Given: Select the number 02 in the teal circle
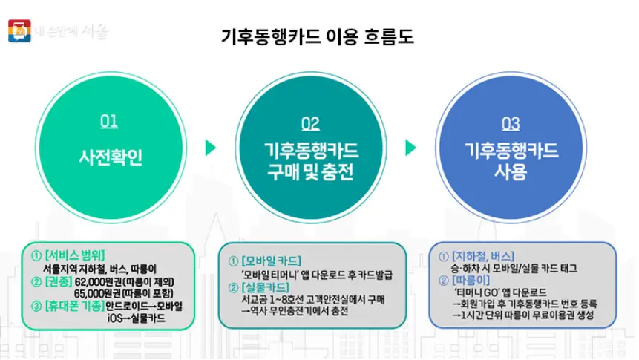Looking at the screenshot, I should pos(311,123).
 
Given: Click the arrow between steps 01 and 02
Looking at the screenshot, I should pos(212,147).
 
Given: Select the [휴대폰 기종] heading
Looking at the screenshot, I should pos(76,306).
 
